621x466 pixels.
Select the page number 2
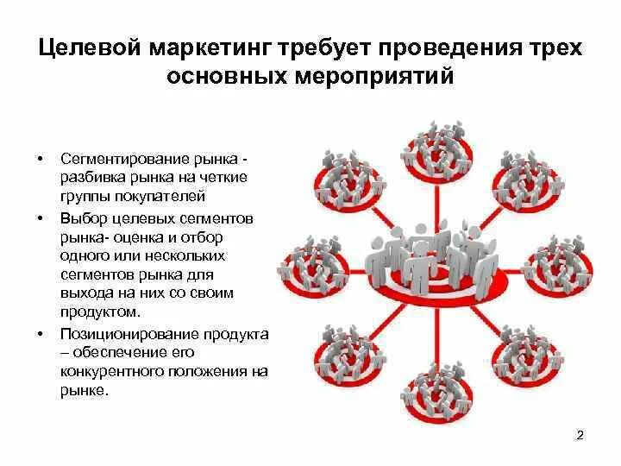580,436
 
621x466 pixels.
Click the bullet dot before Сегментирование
39,161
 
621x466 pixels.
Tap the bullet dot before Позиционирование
39,334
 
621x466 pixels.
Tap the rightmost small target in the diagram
556,262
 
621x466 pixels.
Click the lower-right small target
524,349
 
